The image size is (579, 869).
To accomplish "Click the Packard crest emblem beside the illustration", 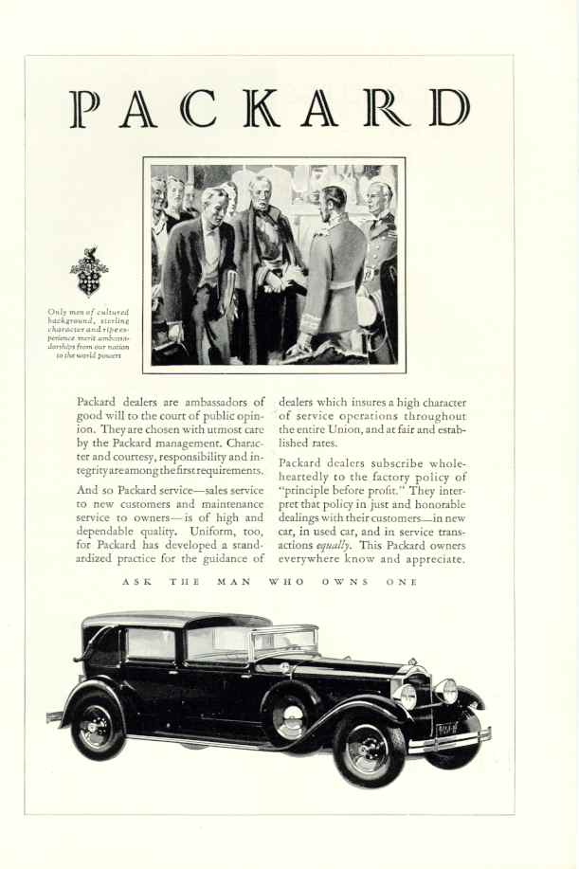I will click(89, 273).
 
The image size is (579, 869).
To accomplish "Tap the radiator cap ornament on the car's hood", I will click(411, 661).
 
